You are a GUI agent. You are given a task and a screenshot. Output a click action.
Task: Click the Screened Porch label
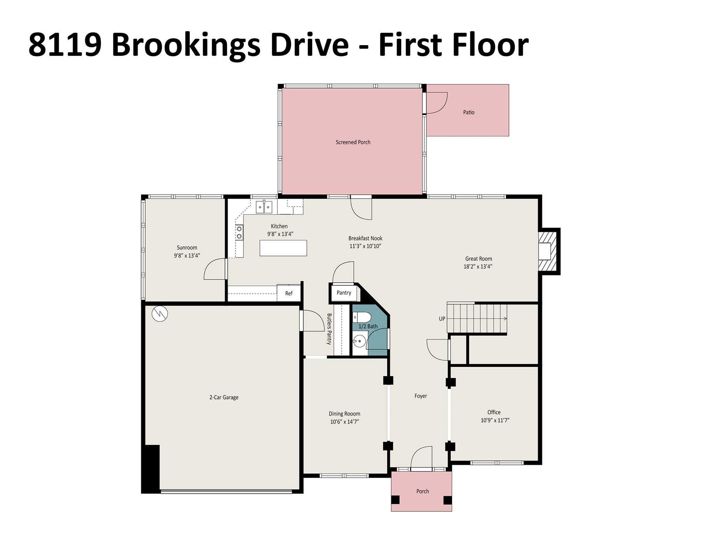(x=353, y=142)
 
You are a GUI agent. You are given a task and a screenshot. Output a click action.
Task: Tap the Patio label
(x=469, y=112)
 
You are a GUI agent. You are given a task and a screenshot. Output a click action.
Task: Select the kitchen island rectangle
(x=283, y=248)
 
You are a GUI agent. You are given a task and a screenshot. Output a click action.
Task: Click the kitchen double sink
(x=264, y=207)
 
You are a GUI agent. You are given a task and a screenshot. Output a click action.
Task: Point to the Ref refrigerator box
(x=289, y=293)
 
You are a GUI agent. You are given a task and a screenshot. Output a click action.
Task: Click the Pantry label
(x=344, y=293)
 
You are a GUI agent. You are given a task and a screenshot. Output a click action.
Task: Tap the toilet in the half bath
(x=362, y=317)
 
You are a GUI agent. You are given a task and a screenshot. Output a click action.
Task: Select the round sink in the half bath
(x=359, y=341)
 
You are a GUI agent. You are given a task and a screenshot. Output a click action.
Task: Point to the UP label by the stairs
(x=442, y=319)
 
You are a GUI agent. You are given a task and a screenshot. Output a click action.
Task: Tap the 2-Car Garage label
(x=224, y=397)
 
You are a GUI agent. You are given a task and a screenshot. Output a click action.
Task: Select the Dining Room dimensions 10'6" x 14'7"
(x=345, y=422)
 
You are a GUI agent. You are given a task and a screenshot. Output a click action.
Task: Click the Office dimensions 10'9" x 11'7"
(x=495, y=420)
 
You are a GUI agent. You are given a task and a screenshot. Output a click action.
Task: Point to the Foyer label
(x=421, y=396)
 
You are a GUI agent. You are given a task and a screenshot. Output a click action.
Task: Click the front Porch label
(x=423, y=491)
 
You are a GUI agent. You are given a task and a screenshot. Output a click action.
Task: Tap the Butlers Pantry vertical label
(x=329, y=329)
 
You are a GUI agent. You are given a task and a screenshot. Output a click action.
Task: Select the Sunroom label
(x=187, y=248)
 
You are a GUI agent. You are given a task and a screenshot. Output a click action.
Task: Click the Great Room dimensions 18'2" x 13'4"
(x=478, y=267)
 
